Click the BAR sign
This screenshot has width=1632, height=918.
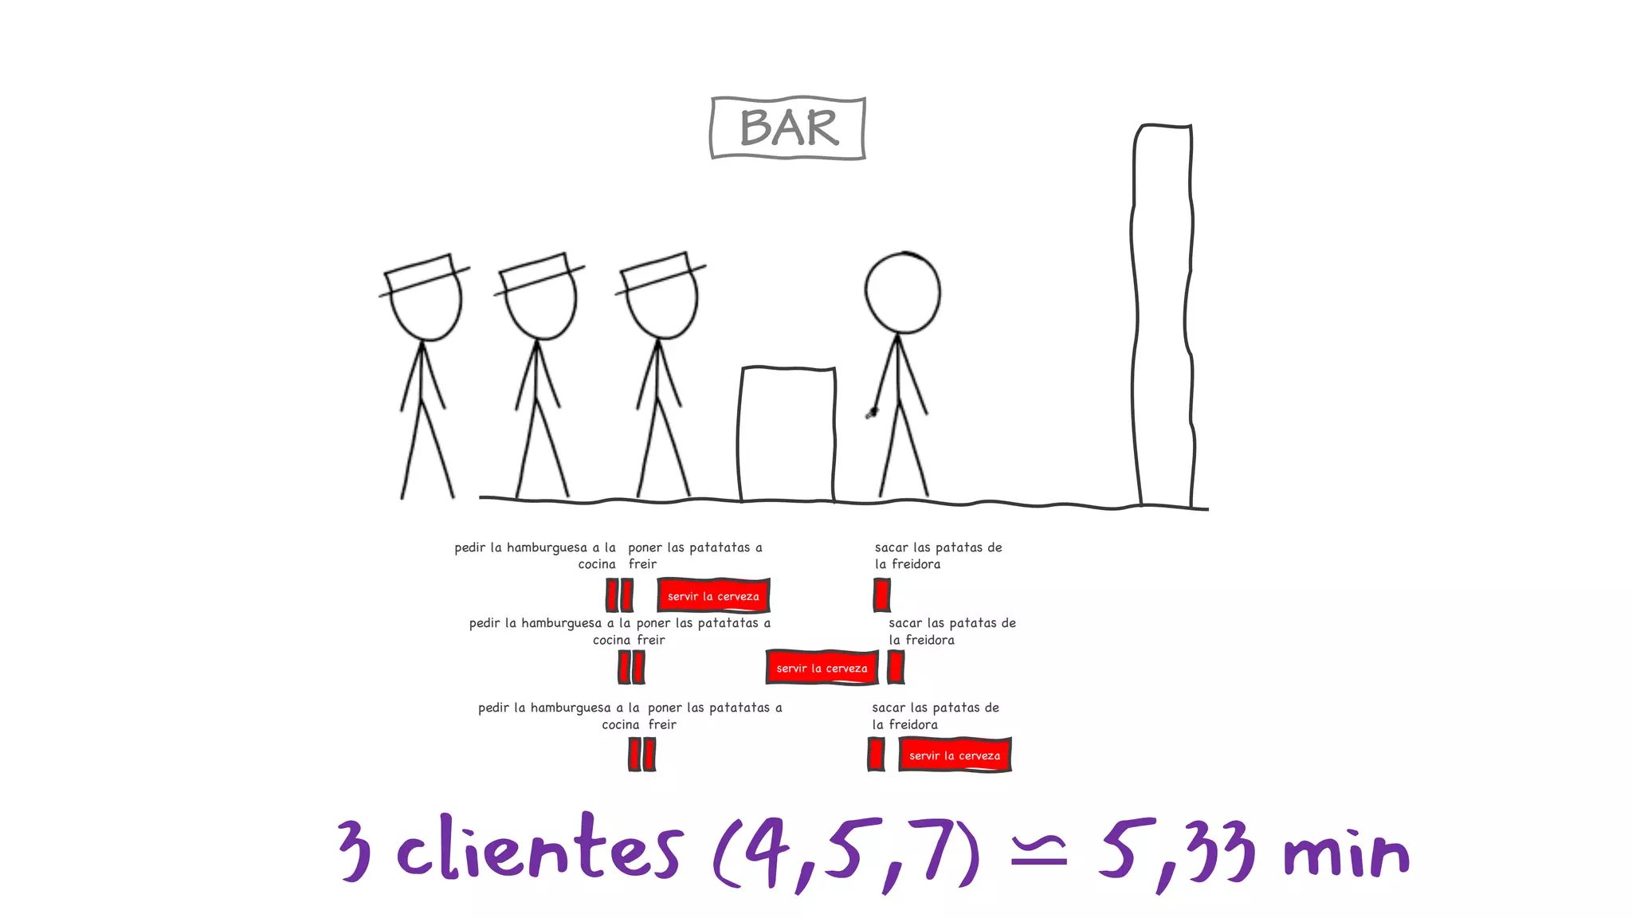click(788, 128)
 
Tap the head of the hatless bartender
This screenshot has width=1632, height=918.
click(903, 292)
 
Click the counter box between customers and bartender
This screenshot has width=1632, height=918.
click(787, 434)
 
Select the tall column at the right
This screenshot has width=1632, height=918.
click(1163, 315)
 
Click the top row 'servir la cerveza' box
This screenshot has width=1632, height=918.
click(713, 595)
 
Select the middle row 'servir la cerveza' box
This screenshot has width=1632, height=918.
click(822, 668)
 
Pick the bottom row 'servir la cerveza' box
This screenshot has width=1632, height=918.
click(955, 755)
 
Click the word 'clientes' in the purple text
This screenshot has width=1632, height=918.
click(539, 849)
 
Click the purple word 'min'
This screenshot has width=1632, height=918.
click(1346, 854)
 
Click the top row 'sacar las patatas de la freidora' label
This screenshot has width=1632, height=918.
click(938, 555)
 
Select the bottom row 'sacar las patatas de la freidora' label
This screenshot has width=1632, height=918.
click(935, 716)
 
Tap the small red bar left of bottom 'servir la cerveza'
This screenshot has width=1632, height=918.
click(876, 754)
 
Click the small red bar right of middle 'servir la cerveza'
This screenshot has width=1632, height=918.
click(896, 667)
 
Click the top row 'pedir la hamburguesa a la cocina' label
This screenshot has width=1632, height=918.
click(535, 555)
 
